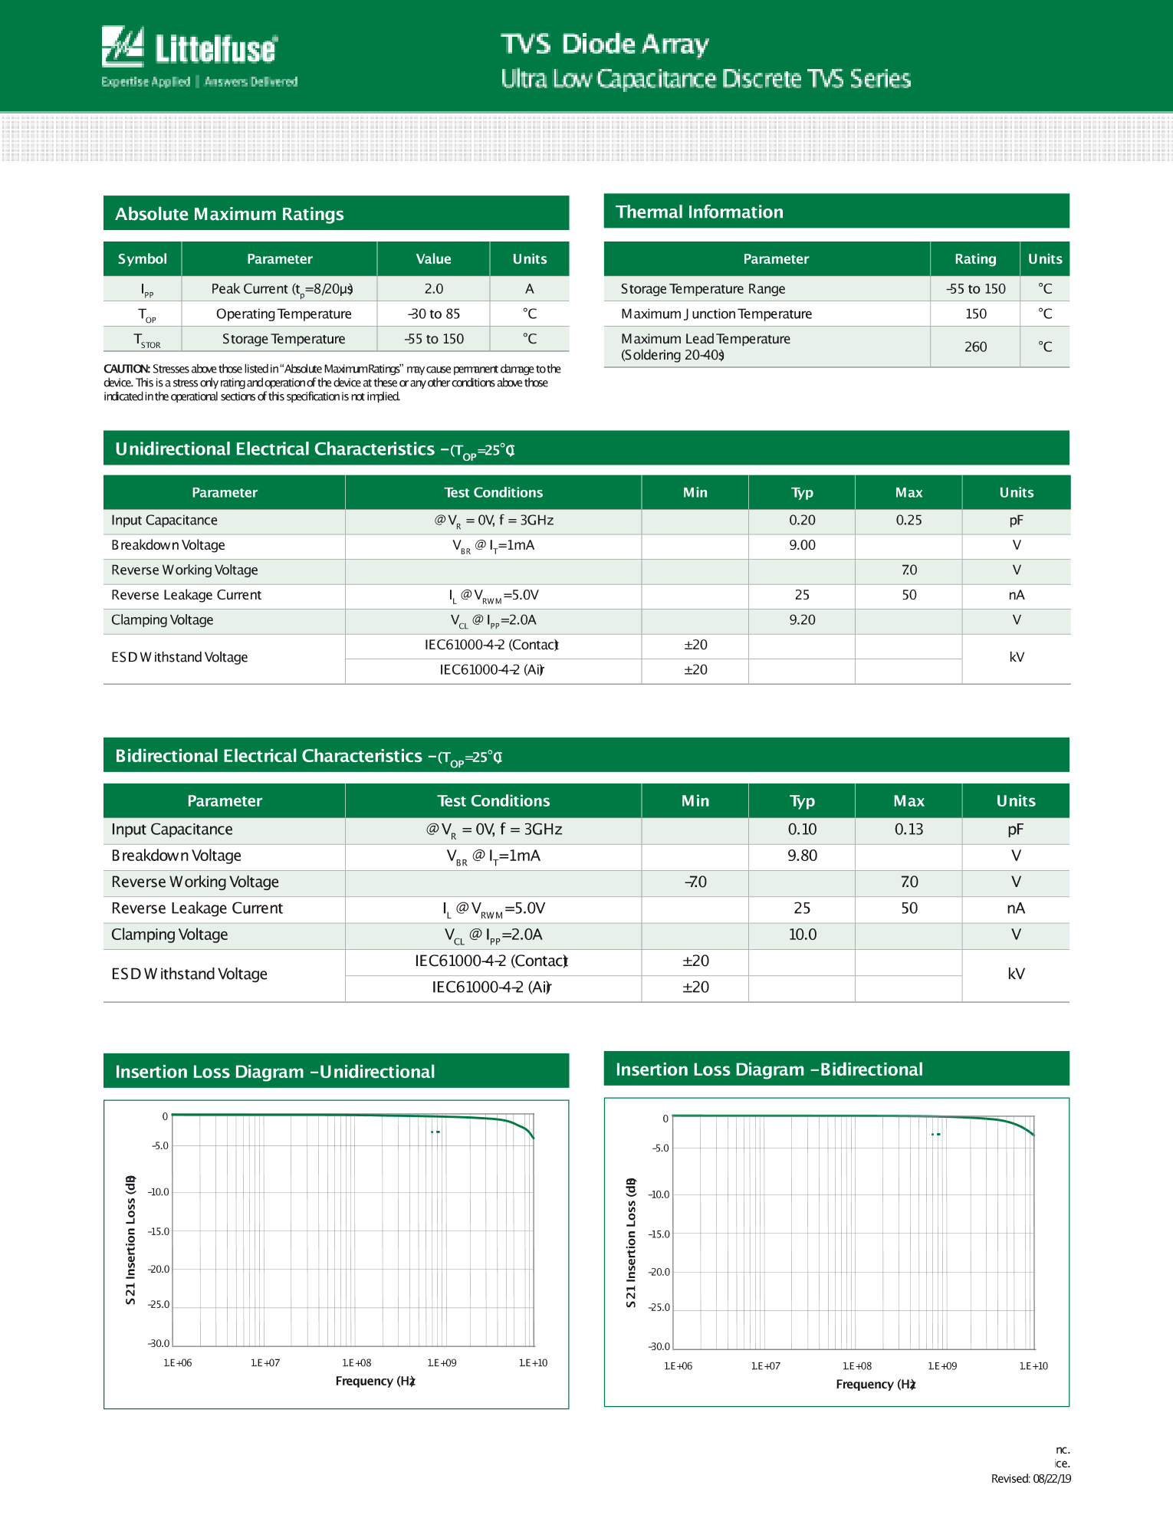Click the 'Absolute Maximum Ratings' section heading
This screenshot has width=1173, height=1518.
[x=229, y=214]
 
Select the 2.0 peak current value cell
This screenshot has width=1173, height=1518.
[x=434, y=289]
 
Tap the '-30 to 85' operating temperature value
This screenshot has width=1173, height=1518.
[x=434, y=314]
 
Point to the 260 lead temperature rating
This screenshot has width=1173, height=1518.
[x=975, y=347]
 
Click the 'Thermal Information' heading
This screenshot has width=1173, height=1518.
[x=699, y=212]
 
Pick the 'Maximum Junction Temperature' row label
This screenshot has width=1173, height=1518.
[x=716, y=314]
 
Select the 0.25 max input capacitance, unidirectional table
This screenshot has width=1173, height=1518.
[x=909, y=521]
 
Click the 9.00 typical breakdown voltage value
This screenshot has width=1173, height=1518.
[x=802, y=545]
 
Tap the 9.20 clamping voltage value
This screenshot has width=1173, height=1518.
[x=802, y=620]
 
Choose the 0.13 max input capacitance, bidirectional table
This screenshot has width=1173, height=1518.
[x=909, y=830]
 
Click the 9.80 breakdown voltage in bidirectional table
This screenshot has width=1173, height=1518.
[x=802, y=856]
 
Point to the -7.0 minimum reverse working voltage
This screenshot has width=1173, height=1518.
[x=695, y=882]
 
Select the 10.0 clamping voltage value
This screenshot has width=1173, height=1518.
[x=802, y=935]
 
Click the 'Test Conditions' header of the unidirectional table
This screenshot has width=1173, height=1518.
[x=493, y=493]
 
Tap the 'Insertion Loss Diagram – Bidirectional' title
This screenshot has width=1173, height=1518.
[x=769, y=1069]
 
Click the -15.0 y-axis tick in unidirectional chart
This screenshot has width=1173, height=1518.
[x=159, y=1231]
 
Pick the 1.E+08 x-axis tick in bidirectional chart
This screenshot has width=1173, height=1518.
[x=857, y=1366]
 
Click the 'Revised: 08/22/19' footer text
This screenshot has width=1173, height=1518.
[x=1030, y=1479]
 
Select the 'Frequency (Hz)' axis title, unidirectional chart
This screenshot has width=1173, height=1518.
[x=375, y=1381]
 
